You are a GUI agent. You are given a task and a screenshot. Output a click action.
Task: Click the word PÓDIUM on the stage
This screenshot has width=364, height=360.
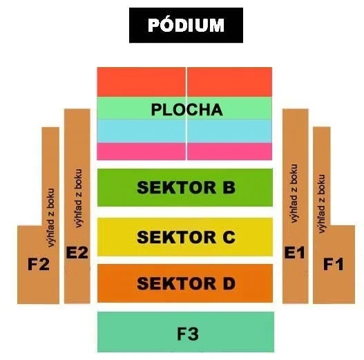point(186,25)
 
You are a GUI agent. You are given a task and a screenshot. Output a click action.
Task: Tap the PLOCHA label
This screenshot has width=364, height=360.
point(187,110)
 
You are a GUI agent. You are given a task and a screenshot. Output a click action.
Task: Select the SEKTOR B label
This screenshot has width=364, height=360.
point(186,187)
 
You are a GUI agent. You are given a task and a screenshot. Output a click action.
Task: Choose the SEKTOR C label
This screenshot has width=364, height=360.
point(186,237)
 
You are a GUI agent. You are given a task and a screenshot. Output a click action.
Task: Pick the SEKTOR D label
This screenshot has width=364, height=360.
point(186,283)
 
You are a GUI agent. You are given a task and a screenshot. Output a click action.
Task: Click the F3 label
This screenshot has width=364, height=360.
point(188,334)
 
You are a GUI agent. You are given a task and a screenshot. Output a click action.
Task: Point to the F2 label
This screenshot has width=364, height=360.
point(39,264)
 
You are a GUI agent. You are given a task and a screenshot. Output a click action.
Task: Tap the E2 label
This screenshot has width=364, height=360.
point(77,252)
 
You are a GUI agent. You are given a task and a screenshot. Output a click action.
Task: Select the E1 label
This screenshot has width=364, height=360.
point(295,252)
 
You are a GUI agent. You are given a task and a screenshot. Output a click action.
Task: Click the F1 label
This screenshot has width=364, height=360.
point(334,264)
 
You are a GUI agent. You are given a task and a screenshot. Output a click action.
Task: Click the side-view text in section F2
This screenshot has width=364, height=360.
point(50,218)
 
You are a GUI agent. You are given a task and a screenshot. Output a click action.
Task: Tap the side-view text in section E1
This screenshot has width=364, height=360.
point(294,193)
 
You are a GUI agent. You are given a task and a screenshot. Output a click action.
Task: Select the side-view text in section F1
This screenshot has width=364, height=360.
point(321,204)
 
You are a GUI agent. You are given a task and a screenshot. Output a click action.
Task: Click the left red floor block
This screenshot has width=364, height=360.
point(141,82)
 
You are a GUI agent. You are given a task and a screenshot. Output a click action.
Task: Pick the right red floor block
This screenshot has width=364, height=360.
point(229,82)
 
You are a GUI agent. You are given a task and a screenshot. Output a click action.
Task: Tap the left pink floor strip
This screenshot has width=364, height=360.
point(141,151)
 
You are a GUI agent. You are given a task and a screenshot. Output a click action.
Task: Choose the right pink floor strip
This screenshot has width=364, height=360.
point(229,151)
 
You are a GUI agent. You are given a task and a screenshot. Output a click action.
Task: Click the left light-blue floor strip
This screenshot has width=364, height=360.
point(141,131)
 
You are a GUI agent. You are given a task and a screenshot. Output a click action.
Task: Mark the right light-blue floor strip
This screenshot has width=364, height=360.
point(229,131)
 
